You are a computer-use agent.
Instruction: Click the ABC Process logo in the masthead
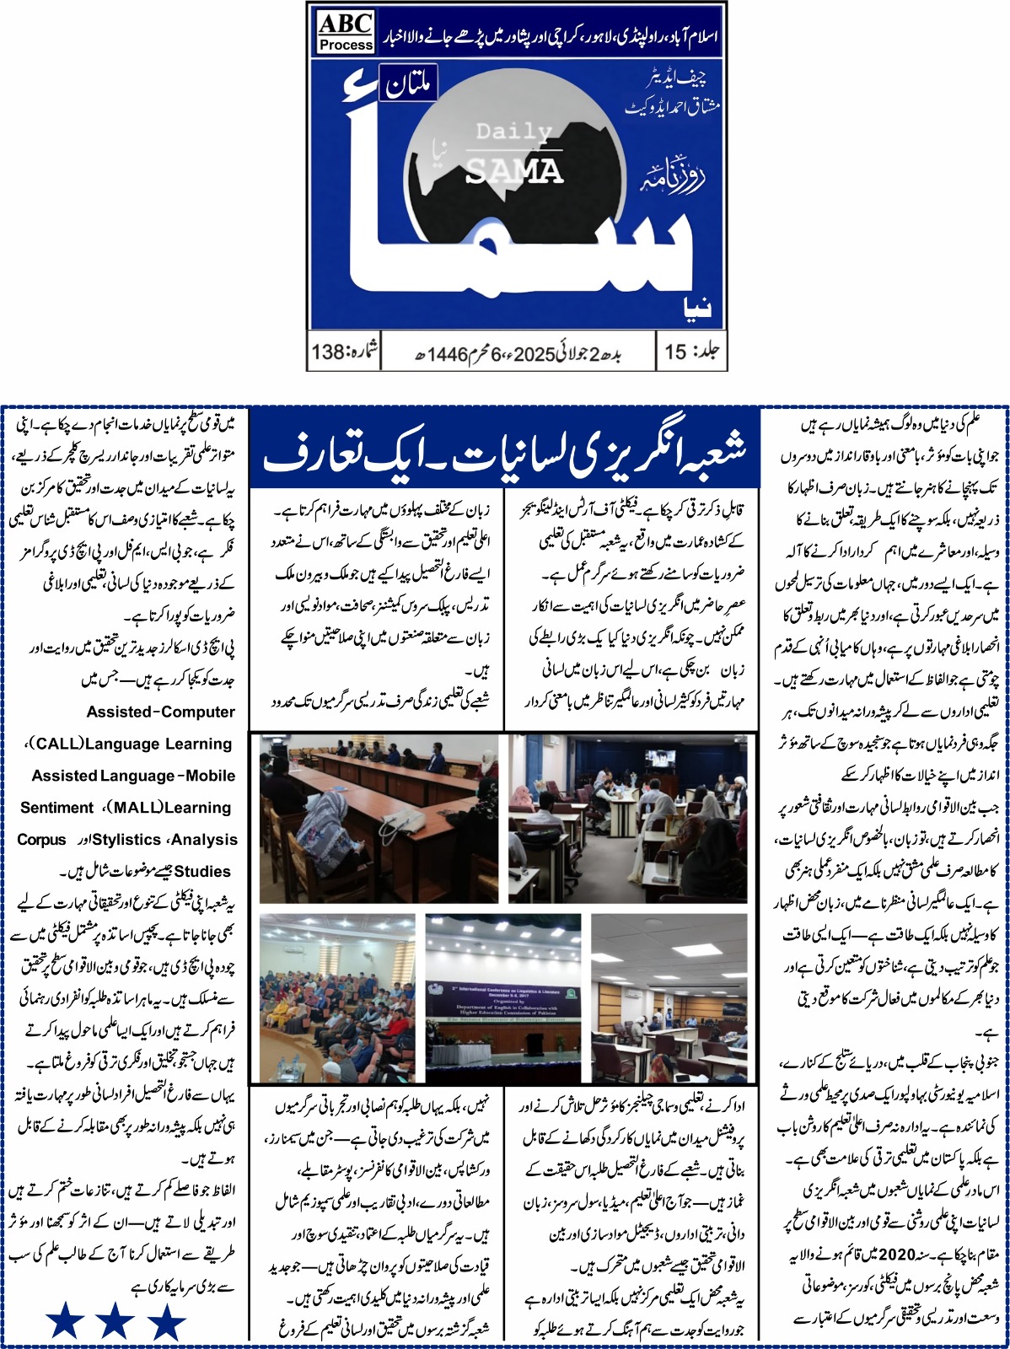click(346, 31)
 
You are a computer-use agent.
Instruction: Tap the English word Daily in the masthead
click(513, 132)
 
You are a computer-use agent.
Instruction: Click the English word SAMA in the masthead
click(513, 171)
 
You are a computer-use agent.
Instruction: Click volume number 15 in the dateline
click(675, 352)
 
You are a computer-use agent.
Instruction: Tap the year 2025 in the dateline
click(531, 353)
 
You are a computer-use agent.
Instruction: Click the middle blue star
click(115, 1321)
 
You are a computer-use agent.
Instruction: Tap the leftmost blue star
click(64, 1321)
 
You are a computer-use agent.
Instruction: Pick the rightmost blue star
click(166, 1321)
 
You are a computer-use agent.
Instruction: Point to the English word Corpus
click(41, 840)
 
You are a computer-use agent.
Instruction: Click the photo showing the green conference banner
click(503, 998)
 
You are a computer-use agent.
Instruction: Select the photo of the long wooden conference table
click(378, 819)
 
